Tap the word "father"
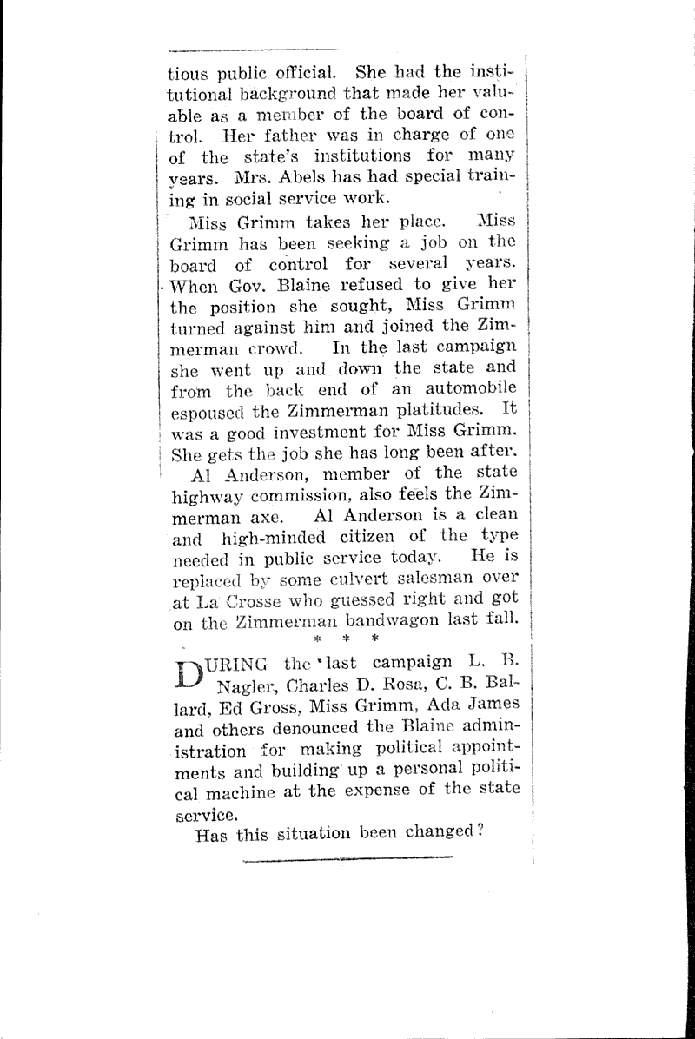click(x=284, y=136)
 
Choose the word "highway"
click(x=209, y=496)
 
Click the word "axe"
click(x=260, y=517)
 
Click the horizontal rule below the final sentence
click(x=347, y=860)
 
